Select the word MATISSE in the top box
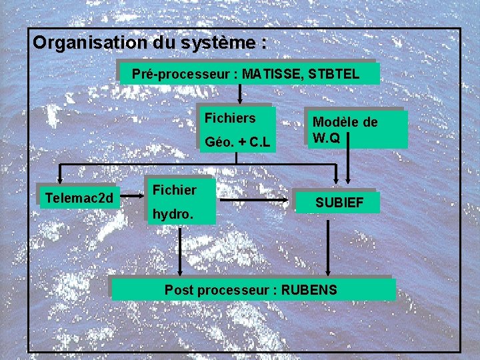(271, 74)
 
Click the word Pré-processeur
(181, 74)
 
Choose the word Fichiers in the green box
(230, 119)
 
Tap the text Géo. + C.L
(238, 142)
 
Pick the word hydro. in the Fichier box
(173, 215)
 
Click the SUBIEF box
(339, 202)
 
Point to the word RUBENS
(309, 290)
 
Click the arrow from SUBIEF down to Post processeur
(327, 247)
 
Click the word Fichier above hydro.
(175, 191)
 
